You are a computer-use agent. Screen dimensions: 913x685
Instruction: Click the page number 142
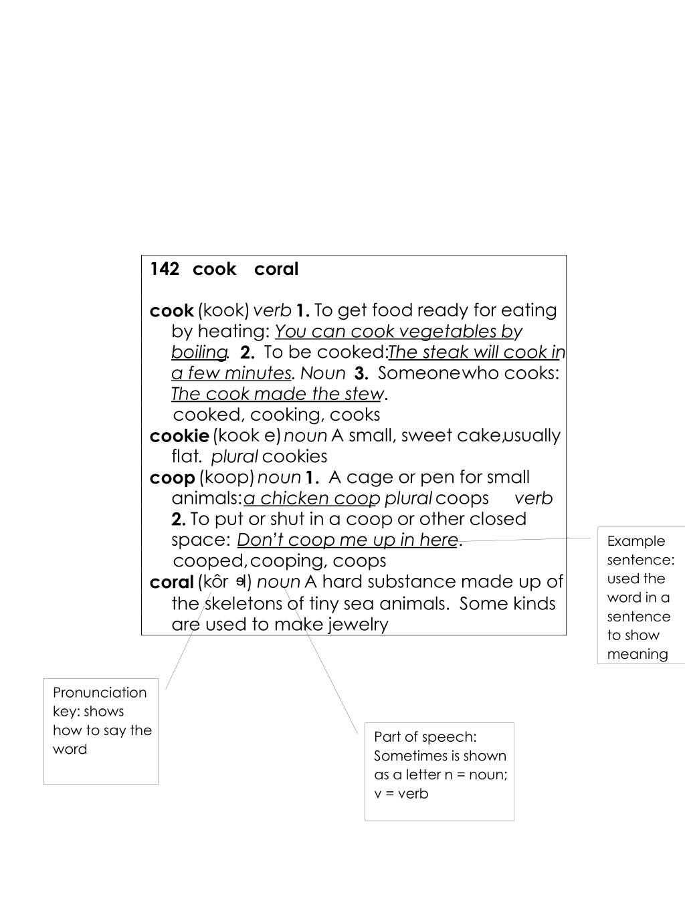pos(165,269)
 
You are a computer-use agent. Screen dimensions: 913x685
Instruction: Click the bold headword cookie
pos(179,436)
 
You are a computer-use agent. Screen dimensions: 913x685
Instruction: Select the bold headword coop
pos(172,478)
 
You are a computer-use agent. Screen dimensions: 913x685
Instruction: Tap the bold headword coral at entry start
pos(171,582)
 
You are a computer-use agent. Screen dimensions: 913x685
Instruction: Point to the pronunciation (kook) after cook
pos(223,310)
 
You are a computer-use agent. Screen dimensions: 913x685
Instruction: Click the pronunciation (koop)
pos(227,478)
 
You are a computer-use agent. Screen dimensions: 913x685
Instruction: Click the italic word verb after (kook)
pos(272,310)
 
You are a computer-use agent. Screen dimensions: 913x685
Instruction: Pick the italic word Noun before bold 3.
pos(323,373)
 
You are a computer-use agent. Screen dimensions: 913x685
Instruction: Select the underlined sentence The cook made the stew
pos(277,394)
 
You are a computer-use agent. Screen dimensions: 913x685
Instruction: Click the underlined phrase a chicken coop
pos(312,498)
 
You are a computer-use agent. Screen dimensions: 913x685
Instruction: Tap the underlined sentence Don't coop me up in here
pos(347,540)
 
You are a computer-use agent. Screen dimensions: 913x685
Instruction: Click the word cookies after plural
pos(294,457)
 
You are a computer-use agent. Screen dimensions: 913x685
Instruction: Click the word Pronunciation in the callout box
pos(100,692)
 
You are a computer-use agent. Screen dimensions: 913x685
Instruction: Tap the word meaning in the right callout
pos(638,654)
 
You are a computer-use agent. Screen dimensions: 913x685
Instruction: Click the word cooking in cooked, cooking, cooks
pos(287,415)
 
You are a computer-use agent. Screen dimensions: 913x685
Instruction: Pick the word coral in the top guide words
pos(276,269)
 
